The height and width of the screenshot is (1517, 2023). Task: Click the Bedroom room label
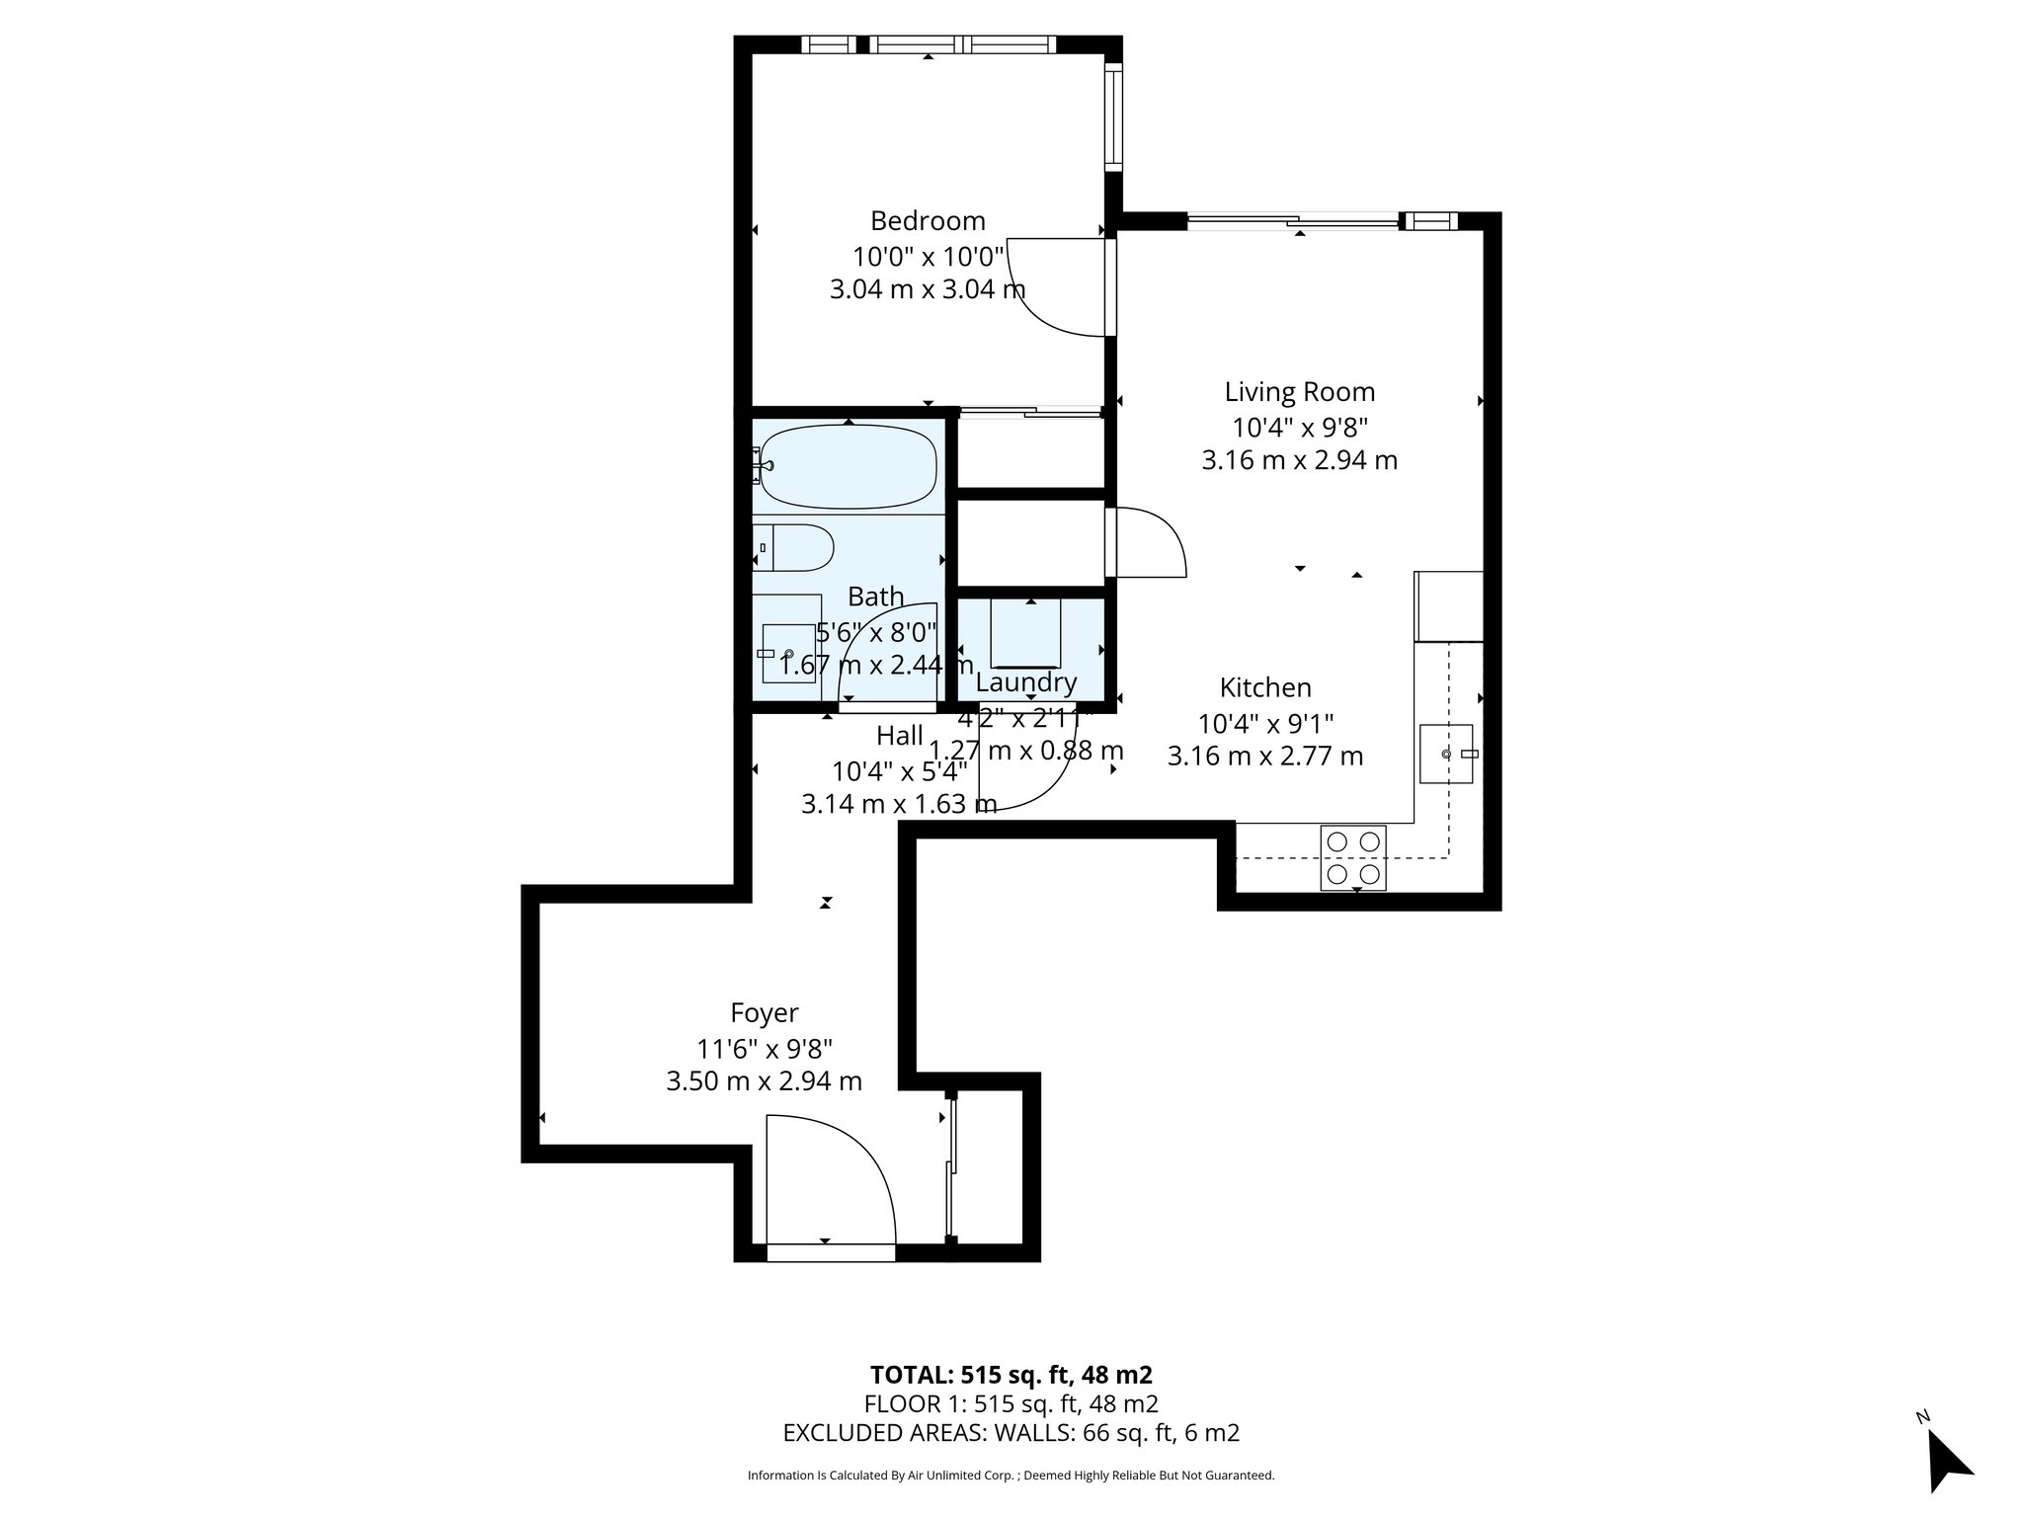tap(928, 220)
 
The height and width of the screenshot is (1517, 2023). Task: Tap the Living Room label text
tap(1299, 392)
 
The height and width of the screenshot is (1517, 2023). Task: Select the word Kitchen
tap(1264, 687)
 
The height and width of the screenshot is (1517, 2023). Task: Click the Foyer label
tap(764, 1012)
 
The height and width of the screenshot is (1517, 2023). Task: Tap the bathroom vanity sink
tap(787, 653)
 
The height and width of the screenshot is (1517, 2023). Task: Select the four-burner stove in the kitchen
tap(1353, 857)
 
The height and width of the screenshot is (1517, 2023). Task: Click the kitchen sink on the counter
tap(1446, 754)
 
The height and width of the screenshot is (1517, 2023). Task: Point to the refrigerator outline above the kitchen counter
tap(1449, 605)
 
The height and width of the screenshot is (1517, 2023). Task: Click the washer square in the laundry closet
tap(1026, 631)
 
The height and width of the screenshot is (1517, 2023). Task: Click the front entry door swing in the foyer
tap(835, 1180)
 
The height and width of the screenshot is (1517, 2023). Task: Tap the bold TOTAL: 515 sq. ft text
tap(1011, 1375)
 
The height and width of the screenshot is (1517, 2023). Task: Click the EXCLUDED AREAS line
tap(1011, 1433)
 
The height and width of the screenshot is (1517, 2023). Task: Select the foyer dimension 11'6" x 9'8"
tap(764, 1048)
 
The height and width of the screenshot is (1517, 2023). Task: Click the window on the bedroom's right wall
tap(1113, 116)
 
